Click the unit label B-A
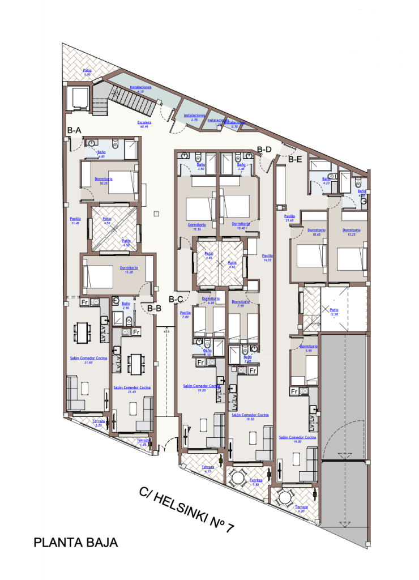(74, 130)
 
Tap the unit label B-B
(154, 309)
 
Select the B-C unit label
(176, 300)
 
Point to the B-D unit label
(264, 150)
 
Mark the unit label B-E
(295, 159)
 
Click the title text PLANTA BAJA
(76, 543)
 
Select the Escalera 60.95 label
(144, 124)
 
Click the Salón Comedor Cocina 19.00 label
(297, 439)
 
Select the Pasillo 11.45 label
(75, 220)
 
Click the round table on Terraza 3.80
(238, 478)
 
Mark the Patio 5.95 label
(88, 72)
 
